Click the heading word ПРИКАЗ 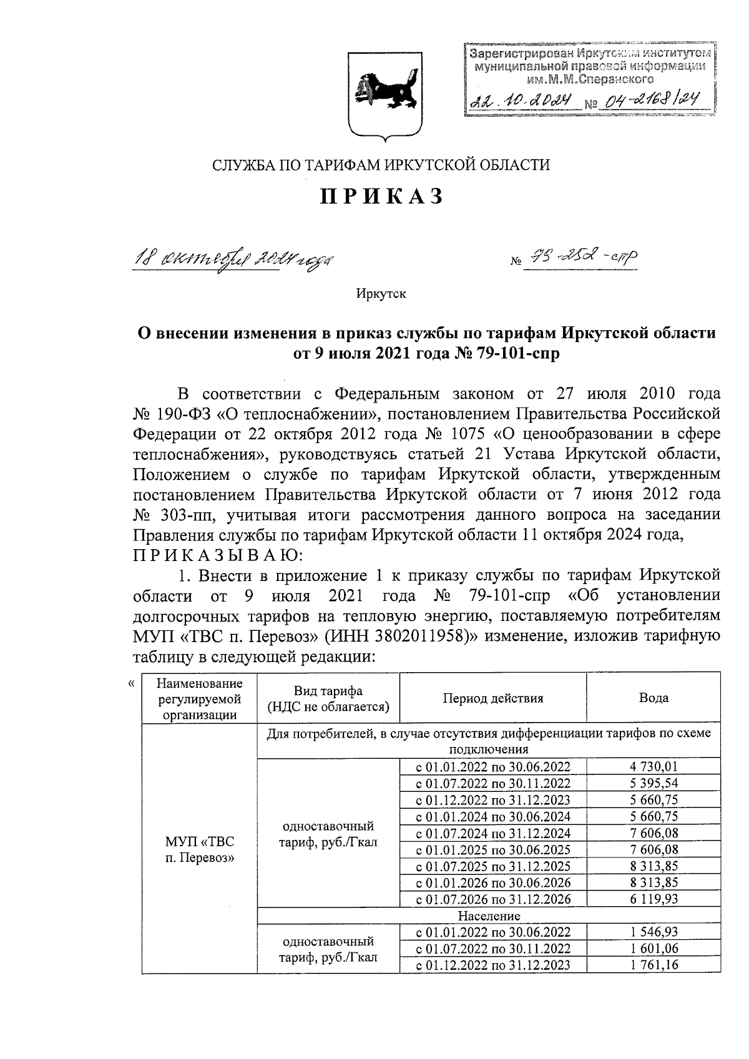point(381,196)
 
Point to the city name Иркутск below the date point(381,293)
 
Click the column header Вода point(653,698)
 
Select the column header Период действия point(492,698)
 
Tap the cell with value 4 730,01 point(653,767)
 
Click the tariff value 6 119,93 point(653,899)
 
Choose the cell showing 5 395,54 point(653,783)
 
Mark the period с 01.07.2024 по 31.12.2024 point(492,833)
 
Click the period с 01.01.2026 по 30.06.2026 point(492,882)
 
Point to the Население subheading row point(489,915)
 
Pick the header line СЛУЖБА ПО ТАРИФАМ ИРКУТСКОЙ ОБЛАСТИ point(381,165)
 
